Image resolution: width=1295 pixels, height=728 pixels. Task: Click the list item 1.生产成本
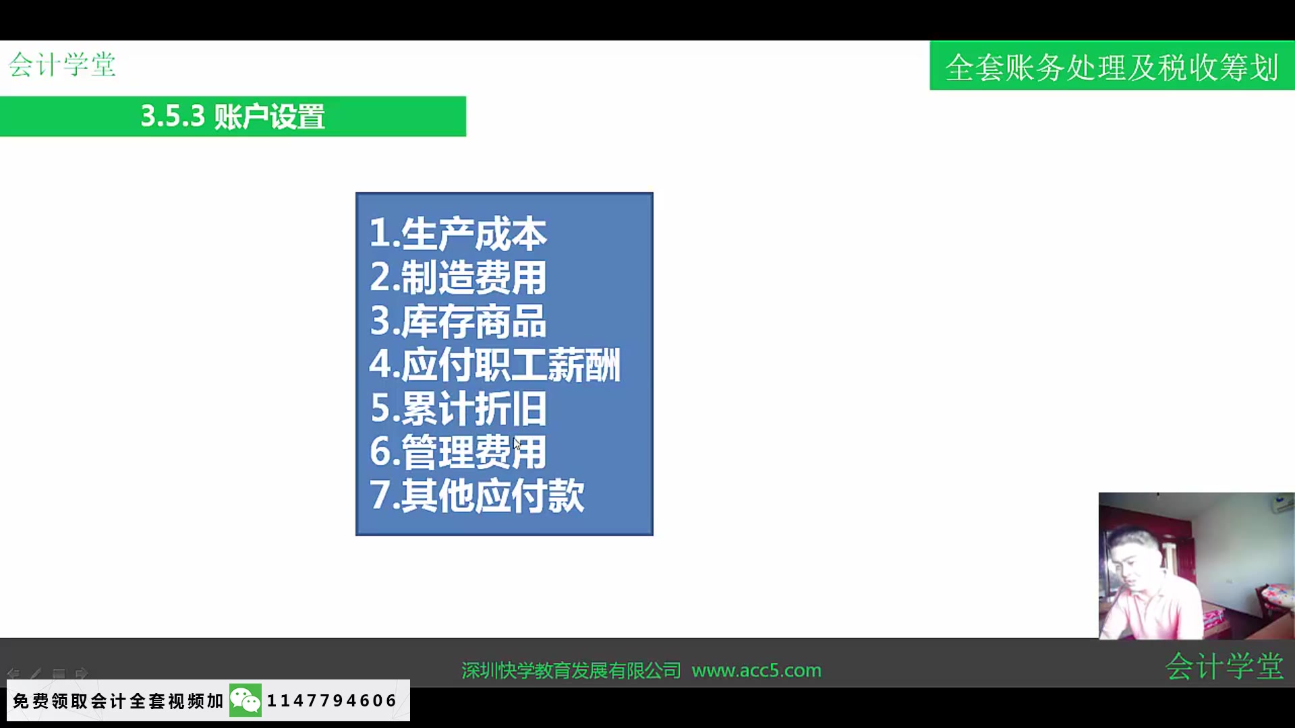(x=458, y=234)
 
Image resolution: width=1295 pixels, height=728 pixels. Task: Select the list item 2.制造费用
(x=458, y=277)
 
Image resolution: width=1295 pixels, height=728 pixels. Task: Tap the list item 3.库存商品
(x=458, y=321)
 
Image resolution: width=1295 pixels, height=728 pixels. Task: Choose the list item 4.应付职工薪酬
(x=494, y=365)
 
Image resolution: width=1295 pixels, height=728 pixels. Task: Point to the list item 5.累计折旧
(x=458, y=408)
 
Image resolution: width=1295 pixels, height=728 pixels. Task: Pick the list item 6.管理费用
(x=458, y=452)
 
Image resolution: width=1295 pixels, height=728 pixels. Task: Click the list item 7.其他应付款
(x=477, y=495)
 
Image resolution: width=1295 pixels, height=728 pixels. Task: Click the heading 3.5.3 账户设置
(x=233, y=117)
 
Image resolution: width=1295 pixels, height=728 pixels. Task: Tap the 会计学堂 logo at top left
(x=62, y=65)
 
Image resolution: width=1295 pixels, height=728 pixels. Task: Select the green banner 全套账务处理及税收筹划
(x=1112, y=67)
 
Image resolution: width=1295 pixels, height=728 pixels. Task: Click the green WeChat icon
(x=246, y=701)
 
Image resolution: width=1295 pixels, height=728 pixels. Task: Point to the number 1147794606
(x=332, y=701)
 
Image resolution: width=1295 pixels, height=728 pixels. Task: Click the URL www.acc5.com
(x=756, y=671)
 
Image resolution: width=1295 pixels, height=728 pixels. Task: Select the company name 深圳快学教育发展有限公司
(x=571, y=671)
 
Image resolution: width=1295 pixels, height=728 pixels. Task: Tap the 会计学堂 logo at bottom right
(x=1224, y=666)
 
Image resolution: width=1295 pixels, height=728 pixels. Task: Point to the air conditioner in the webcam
(x=1281, y=504)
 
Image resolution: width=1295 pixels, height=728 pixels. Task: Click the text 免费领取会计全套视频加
(x=118, y=701)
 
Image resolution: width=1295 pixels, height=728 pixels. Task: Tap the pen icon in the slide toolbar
(x=36, y=673)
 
